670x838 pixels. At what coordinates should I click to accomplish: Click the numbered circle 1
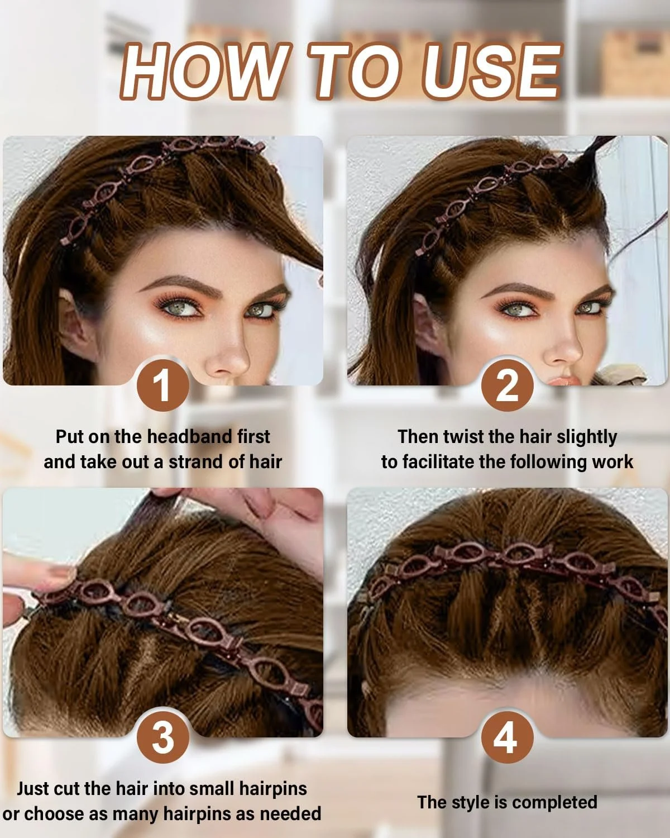coord(163,385)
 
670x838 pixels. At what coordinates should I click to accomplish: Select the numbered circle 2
coord(508,385)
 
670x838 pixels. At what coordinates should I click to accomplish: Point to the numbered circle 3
coord(163,737)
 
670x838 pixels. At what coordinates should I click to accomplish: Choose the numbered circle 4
coord(508,737)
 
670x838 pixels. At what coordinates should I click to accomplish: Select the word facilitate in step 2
coord(438,462)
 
